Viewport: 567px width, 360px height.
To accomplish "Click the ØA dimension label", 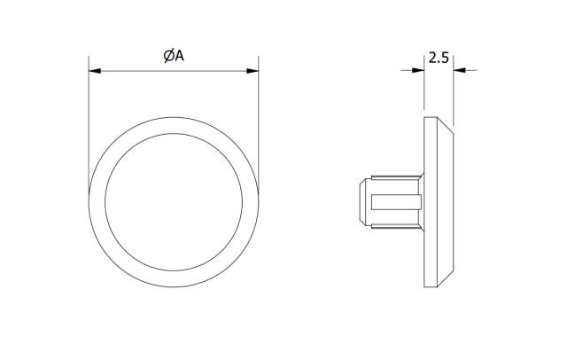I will pos(174,56).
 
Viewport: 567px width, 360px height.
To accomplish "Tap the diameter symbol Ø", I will pos(168,56).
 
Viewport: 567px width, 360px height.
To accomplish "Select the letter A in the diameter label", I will pos(179,56).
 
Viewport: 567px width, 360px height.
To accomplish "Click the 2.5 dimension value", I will pos(439,59).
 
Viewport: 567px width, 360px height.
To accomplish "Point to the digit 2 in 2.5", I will pos(432,59).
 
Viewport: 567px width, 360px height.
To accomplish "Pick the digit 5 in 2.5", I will pos(445,59).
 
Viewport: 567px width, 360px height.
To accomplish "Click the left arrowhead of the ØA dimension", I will pos(94,70).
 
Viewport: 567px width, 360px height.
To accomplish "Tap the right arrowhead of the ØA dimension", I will pos(253,70).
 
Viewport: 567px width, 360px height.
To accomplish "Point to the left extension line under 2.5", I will pos(424,93).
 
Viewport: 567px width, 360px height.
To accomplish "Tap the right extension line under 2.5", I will pos(453,98).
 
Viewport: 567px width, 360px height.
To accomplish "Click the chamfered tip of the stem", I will pos(361,202).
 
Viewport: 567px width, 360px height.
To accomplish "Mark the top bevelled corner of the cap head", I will pos(446,125).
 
